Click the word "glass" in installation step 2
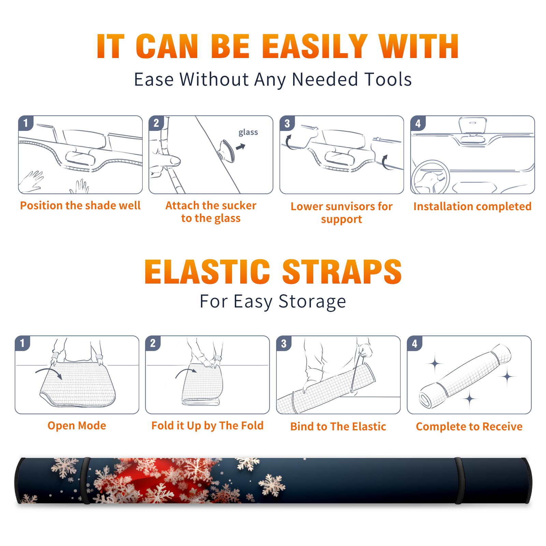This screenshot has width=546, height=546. pyautogui.click(x=248, y=132)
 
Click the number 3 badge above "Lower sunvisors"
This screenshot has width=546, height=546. pyautogui.click(x=287, y=124)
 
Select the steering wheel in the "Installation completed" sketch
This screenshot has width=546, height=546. pyautogui.click(x=431, y=177)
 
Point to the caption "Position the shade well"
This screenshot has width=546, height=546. pyautogui.click(x=80, y=205)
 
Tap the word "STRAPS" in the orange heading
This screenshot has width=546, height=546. pyautogui.click(x=342, y=272)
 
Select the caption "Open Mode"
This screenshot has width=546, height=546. pyautogui.click(x=77, y=426)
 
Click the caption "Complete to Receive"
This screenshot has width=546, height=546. pyautogui.click(x=469, y=427)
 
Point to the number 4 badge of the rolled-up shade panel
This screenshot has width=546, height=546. pyautogui.click(x=415, y=343)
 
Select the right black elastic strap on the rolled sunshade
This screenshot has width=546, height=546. pyautogui.click(x=460, y=481)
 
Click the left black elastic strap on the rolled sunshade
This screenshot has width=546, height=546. pyautogui.click(x=86, y=481)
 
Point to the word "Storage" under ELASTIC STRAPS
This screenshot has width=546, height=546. pyautogui.click(x=312, y=302)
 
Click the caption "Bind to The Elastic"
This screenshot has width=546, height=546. pyautogui.click(x=338, y=427)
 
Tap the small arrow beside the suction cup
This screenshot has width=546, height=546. pyautogui.click(x=241, y=147)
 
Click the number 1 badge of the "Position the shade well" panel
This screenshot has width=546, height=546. pyautogui.click(x=26, y=123)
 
